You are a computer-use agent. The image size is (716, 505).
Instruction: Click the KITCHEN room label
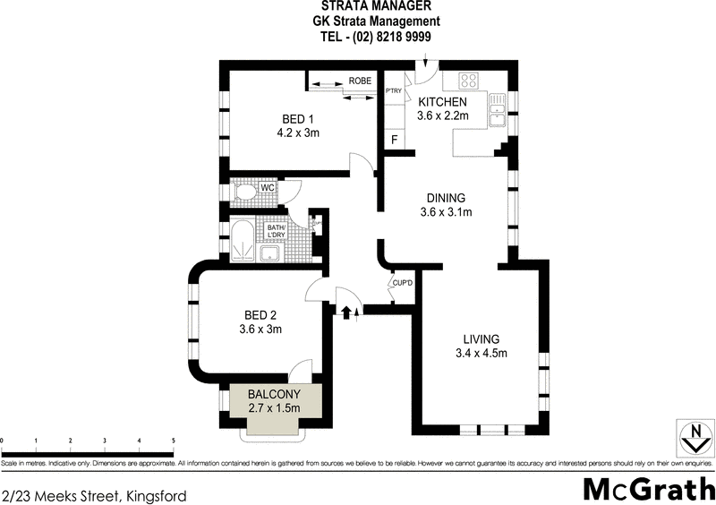(x=441, y=102)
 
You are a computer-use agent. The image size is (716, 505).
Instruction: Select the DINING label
(x=446, y=198)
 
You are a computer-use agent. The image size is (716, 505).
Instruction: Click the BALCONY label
(x=274, y=394)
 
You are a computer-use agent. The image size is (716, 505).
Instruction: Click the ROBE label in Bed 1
(x=360, y=81)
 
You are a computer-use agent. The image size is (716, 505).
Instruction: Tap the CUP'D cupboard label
(x=402, y=284)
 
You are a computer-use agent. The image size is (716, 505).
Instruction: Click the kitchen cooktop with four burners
(x=471, y=80)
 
